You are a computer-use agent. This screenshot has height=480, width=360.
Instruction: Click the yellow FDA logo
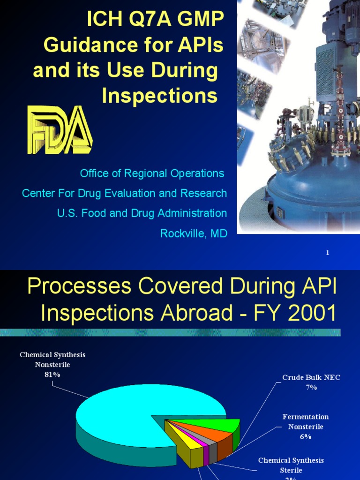coord(60,130)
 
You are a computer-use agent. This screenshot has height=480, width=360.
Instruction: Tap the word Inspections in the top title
coord(160,96)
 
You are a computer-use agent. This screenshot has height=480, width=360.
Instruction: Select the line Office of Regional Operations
coord(152,173)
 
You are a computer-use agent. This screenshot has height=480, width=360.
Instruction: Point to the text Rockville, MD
coord(194,233)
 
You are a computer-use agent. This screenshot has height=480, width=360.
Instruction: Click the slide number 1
coord(328,253)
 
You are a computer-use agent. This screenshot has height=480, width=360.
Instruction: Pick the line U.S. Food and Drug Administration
coord(142,213)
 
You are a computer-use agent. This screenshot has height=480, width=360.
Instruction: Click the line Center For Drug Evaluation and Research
coord(125,193)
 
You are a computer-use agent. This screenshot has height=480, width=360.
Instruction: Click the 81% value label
coord(52,375)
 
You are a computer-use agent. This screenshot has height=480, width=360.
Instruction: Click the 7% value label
coord(311,387)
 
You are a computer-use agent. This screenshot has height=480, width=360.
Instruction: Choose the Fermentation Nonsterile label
coord(306,421)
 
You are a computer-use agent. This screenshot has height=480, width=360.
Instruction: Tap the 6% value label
coord(306,436)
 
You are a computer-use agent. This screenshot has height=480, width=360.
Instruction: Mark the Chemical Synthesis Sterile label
coord(291,465)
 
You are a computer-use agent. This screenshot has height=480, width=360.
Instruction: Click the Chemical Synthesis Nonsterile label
coord(52,360)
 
